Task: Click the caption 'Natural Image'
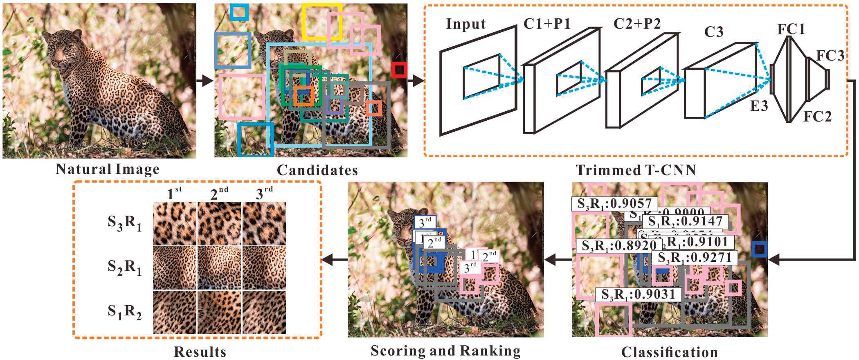(x=107, y=169)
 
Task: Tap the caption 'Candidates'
(x=317, y=170)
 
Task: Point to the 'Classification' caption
(x=669, y=352)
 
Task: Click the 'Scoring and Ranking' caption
(x=445, y=351)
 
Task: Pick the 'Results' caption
(x=200, y=351)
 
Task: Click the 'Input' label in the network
(x=466, y=24)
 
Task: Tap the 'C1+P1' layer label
(x=547, y=24)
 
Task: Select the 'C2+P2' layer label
(x=637, y=24)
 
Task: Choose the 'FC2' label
(x=818, y=117)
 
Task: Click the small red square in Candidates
(x=399, y=70)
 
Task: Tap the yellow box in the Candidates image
(x=322, y=22)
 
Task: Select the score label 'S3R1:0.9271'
(x=695, y=258)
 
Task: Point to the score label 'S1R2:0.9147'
(x=686, y=222)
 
